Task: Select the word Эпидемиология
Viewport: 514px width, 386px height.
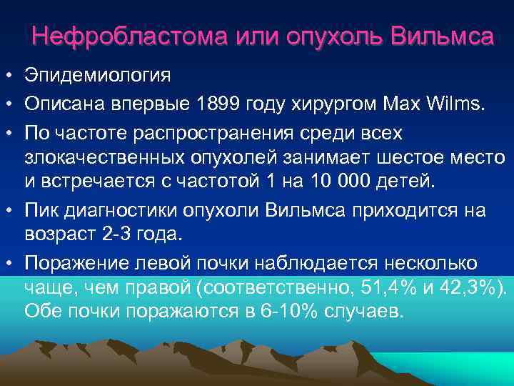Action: click(x=98, y=75)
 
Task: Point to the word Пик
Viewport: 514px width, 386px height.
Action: click(x=41, y=211)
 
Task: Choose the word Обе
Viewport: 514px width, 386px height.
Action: click(x=43, y=312)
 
